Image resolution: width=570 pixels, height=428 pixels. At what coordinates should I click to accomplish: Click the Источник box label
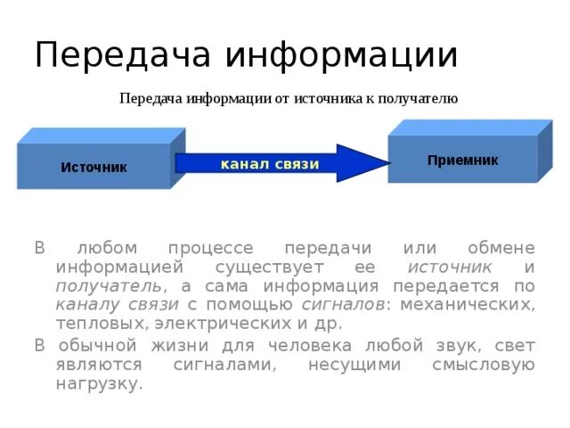pos(94,168)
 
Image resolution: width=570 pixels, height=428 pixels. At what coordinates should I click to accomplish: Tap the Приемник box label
pos(462,160)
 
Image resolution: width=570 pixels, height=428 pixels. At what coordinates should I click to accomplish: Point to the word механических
pos(467,305)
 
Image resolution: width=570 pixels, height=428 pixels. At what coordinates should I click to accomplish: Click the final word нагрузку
pos(98,384)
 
